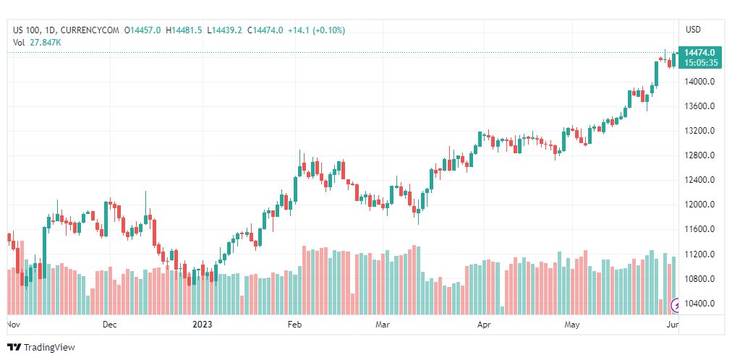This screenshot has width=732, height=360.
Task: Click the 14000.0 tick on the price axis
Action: click(699, 82)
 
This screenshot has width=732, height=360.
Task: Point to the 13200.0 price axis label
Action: click(699, 131)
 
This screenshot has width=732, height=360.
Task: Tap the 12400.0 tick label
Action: click(699, 180)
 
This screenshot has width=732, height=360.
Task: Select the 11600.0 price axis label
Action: click(699, 229)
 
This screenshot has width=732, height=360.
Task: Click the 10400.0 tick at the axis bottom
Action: click(699, 304)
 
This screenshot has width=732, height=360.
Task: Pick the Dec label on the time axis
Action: click(109, 325)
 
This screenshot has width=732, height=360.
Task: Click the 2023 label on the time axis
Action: click(203, 325)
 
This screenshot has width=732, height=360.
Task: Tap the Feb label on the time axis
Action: click(294, 325)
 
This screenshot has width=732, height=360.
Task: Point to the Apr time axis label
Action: click(484, 325)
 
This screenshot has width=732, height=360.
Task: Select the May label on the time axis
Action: click(573, 325)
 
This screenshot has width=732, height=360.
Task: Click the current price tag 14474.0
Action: click(699, 53)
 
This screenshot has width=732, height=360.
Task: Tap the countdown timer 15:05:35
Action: click(699, 63)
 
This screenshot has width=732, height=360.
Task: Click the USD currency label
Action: click(693, 30)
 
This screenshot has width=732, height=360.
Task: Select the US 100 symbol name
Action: click(27, 30)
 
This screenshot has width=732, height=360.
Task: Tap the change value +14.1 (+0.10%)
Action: click(316, 30)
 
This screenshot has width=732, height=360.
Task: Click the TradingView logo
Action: click(41, 348)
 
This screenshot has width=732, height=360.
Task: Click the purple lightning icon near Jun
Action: click(677, 304)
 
